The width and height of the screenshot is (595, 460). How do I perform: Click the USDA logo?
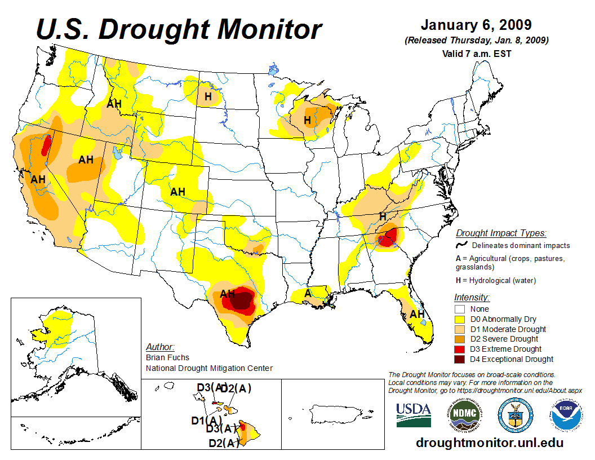coord(414,415)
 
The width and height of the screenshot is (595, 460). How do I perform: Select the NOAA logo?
coord(565,416)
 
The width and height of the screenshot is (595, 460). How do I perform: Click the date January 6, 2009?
coord(476,26)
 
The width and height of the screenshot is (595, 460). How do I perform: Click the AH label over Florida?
coord(417,314)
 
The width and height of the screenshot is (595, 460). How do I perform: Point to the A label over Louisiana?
coord(308,293)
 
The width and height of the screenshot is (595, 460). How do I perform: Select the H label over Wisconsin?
coord(308,120)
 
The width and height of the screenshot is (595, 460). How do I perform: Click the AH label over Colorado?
coord(177,192)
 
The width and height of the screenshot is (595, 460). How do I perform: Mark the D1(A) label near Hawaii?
coord(206,420)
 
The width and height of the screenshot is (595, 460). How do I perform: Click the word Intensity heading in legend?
coord(472,297)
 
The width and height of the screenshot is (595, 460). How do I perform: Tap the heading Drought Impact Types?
coord(501,233)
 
